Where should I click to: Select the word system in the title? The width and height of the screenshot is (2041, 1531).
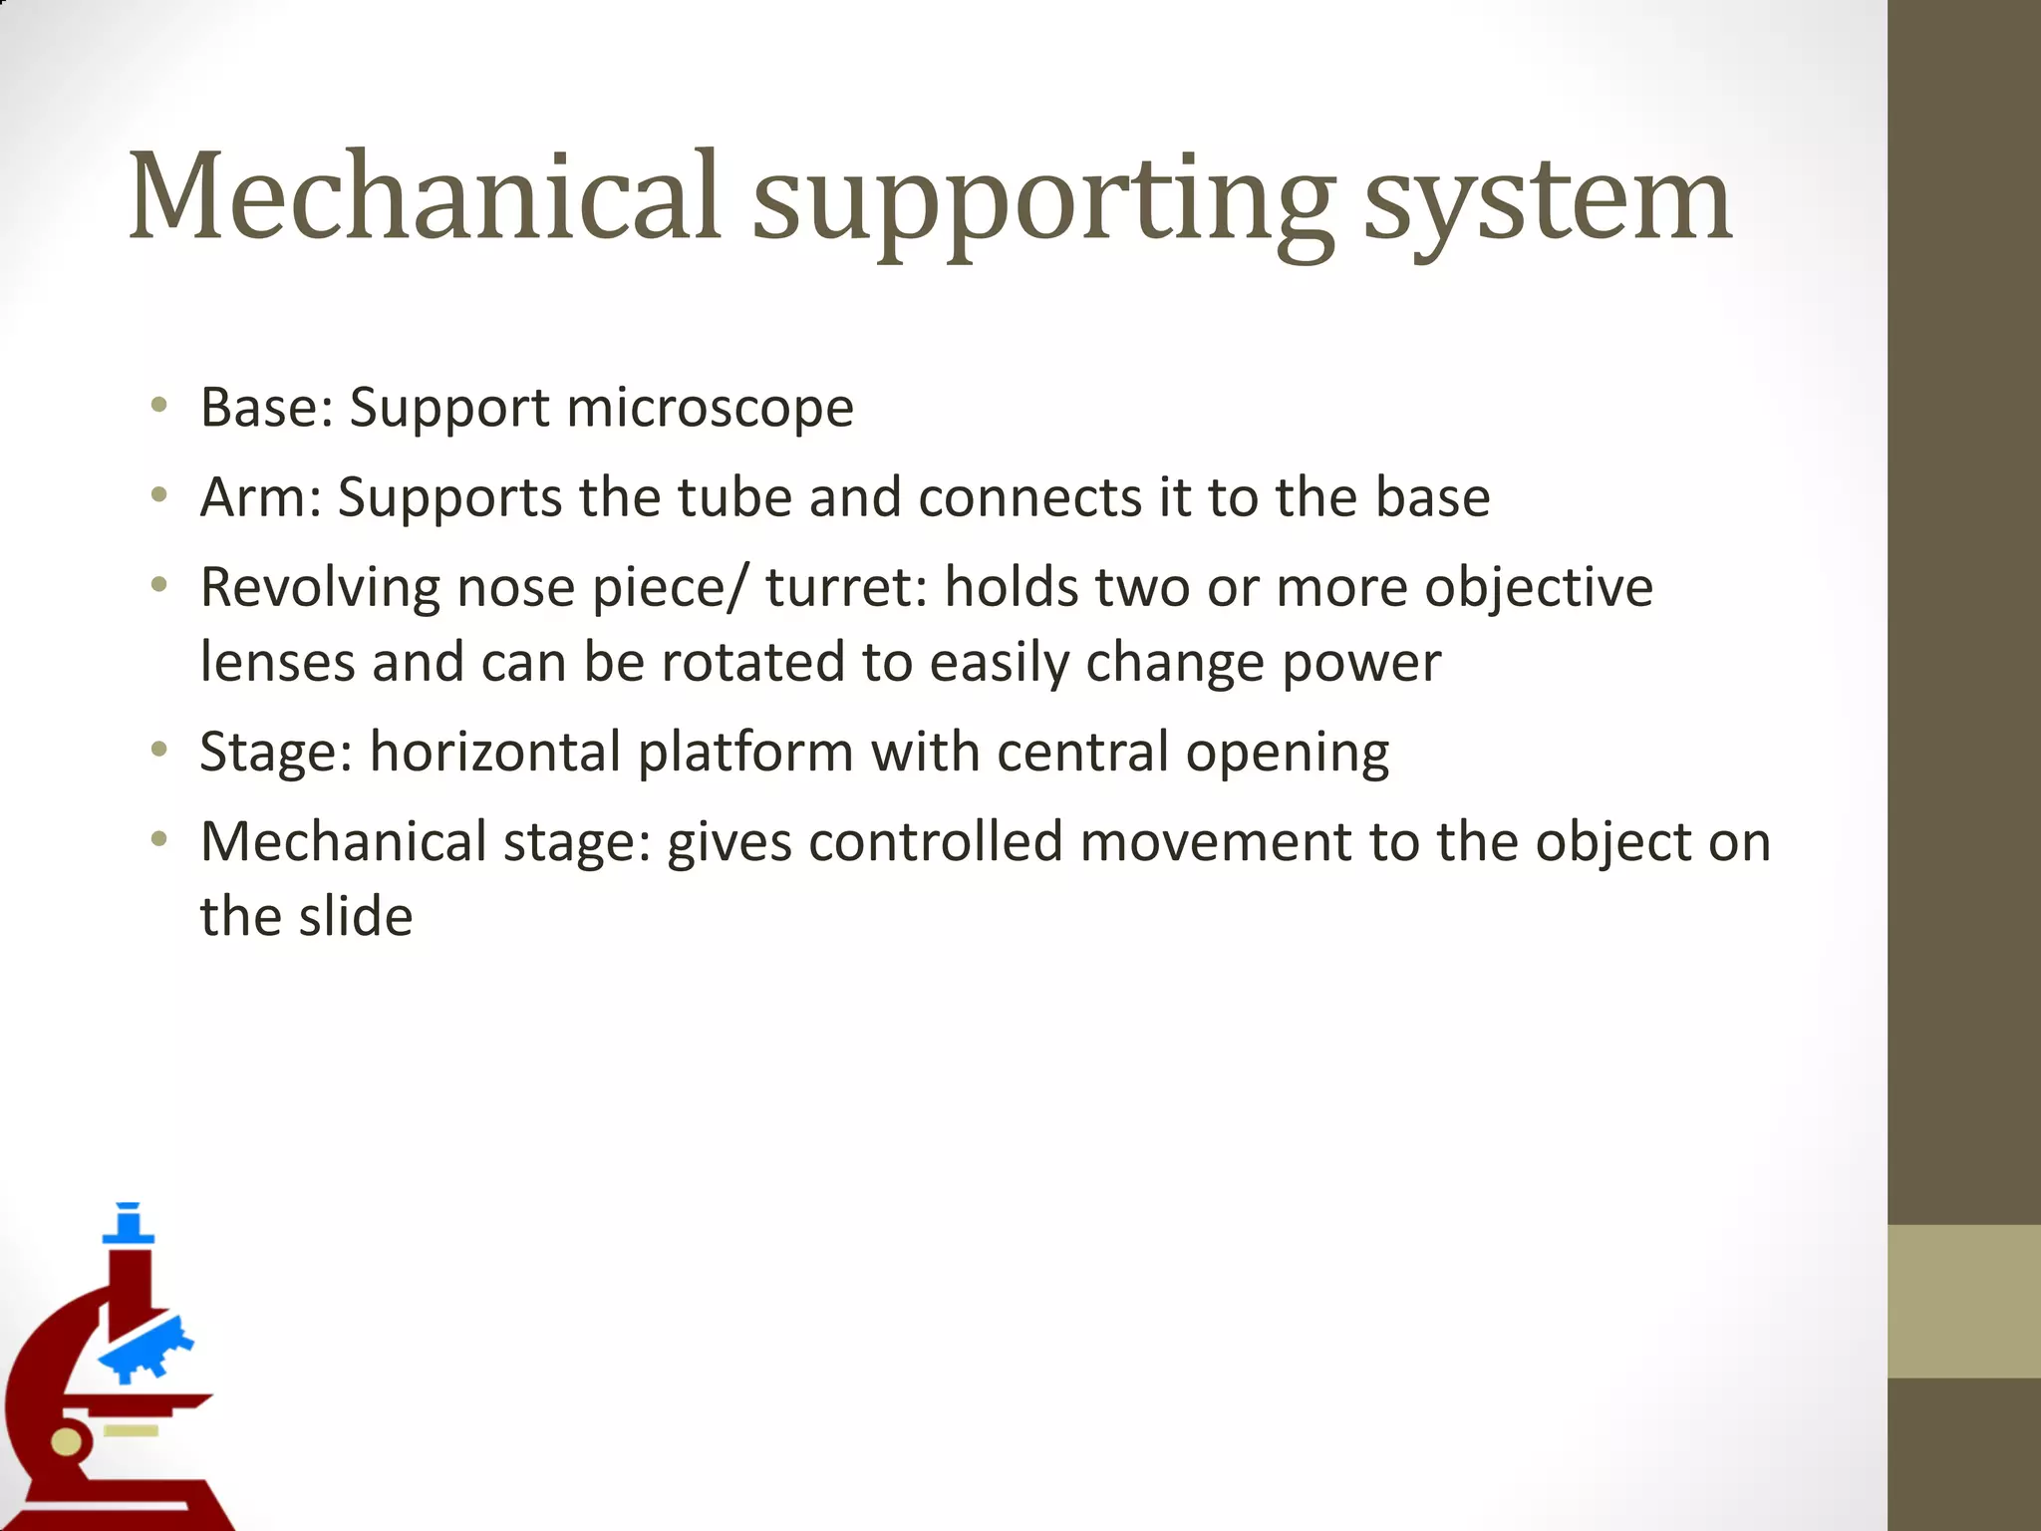(x=1547, y=204)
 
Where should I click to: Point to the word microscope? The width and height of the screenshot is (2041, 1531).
(x=710, y=409)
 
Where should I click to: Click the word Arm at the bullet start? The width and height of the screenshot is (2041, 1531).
(x=253, y=497)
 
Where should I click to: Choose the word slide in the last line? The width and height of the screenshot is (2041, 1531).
(x=355, y=917)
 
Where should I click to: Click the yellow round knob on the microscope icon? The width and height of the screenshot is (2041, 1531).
(x=66, y=1442)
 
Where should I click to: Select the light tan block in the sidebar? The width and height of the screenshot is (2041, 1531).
(x=1963, y=1301)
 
